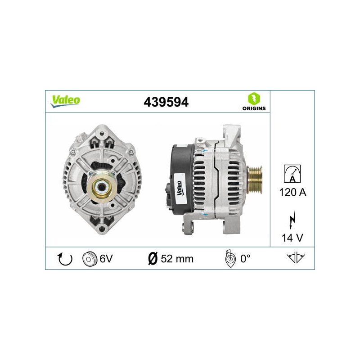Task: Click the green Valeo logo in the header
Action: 65,101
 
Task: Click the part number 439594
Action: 166,102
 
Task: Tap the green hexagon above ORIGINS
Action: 254,99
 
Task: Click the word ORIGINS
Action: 254,108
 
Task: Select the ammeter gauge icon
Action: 292,174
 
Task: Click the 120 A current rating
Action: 292,192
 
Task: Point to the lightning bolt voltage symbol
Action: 292,219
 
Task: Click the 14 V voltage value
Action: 292,238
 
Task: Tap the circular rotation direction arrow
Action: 65,259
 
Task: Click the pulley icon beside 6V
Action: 88,259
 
